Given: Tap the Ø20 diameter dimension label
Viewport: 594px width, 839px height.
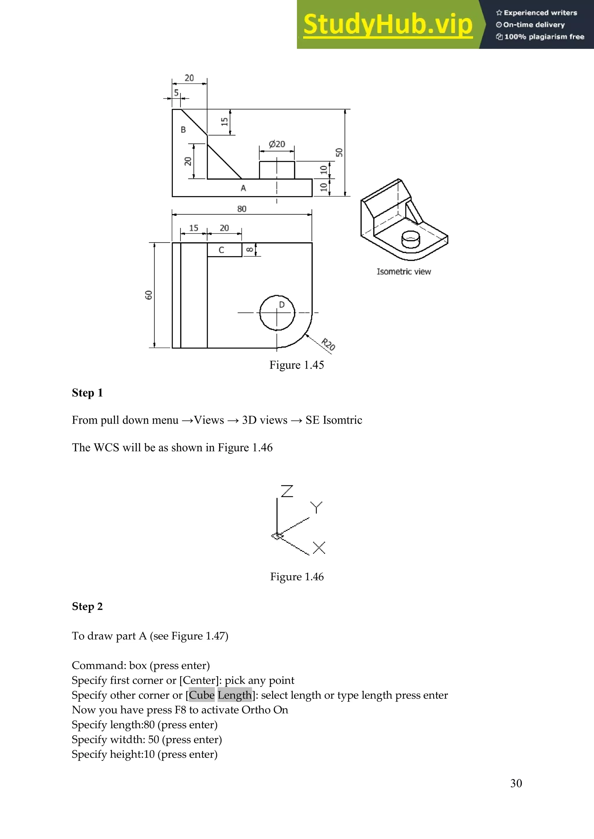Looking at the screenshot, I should click(x=277, y=144).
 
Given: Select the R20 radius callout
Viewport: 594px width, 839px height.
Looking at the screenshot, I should click(x=328, y=344).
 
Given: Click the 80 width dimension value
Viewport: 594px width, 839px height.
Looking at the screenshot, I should click(x=242, y=209).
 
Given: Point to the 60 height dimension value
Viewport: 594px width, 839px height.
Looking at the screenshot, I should click(x=148, y=295).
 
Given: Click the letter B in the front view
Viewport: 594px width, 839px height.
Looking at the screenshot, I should click(x=183, y=130).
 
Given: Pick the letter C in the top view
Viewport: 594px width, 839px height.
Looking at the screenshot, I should click(x=221, y=250).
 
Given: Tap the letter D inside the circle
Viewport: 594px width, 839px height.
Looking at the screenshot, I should click(x=282, y=305).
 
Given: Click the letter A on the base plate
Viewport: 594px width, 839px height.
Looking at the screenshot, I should click(x=243, y=188).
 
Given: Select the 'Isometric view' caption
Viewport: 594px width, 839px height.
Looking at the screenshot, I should click(x=404, y=271).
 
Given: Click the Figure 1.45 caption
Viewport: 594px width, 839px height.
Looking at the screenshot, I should click(x=297, y=365).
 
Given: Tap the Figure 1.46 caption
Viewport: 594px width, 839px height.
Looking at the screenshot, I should click(x=297, y=577).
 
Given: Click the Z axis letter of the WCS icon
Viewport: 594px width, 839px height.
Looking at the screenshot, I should click(x=287, y=491).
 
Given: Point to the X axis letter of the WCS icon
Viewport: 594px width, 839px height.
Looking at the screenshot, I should click(x=319, y=548).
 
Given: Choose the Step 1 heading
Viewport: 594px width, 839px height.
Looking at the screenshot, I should click(x=87, y=393).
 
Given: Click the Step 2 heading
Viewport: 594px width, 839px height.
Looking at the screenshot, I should click(x=87, y=606).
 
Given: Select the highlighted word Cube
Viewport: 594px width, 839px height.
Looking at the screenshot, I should click(x=202, y=695).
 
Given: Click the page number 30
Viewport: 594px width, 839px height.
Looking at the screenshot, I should click(x=516, y=783).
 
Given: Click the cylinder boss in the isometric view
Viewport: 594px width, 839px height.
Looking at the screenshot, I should click(x=410, y=240).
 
